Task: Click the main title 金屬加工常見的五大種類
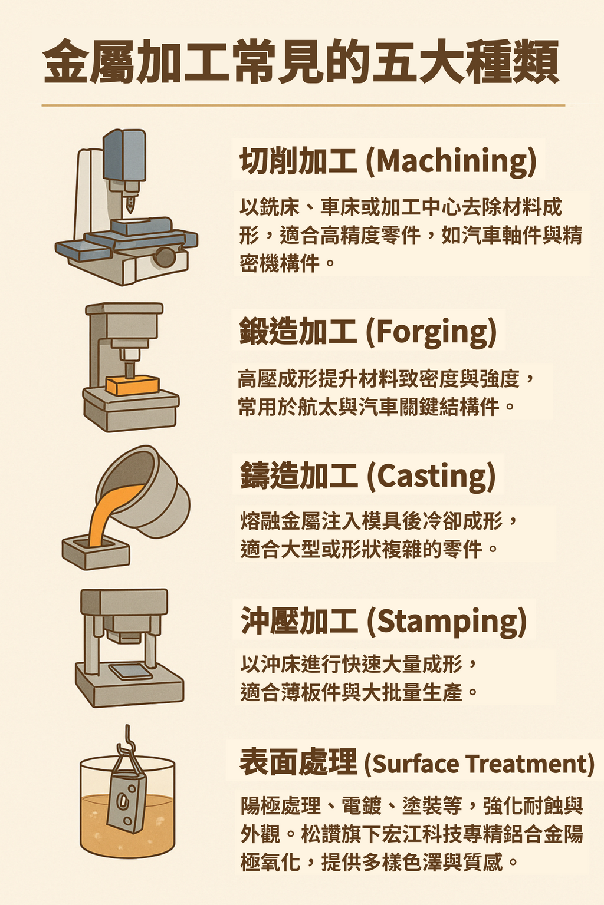[x=301, y=61]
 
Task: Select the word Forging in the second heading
[x=431, y=332]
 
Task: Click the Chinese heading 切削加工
[x=298, y=161]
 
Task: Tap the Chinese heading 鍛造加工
[x=298, y=332]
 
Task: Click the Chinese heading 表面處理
[x=298, y=762]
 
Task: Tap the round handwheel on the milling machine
[x=165, y=257]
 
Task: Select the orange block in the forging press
[x=132, y=385]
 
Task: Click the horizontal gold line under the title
[x=303, y=105]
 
